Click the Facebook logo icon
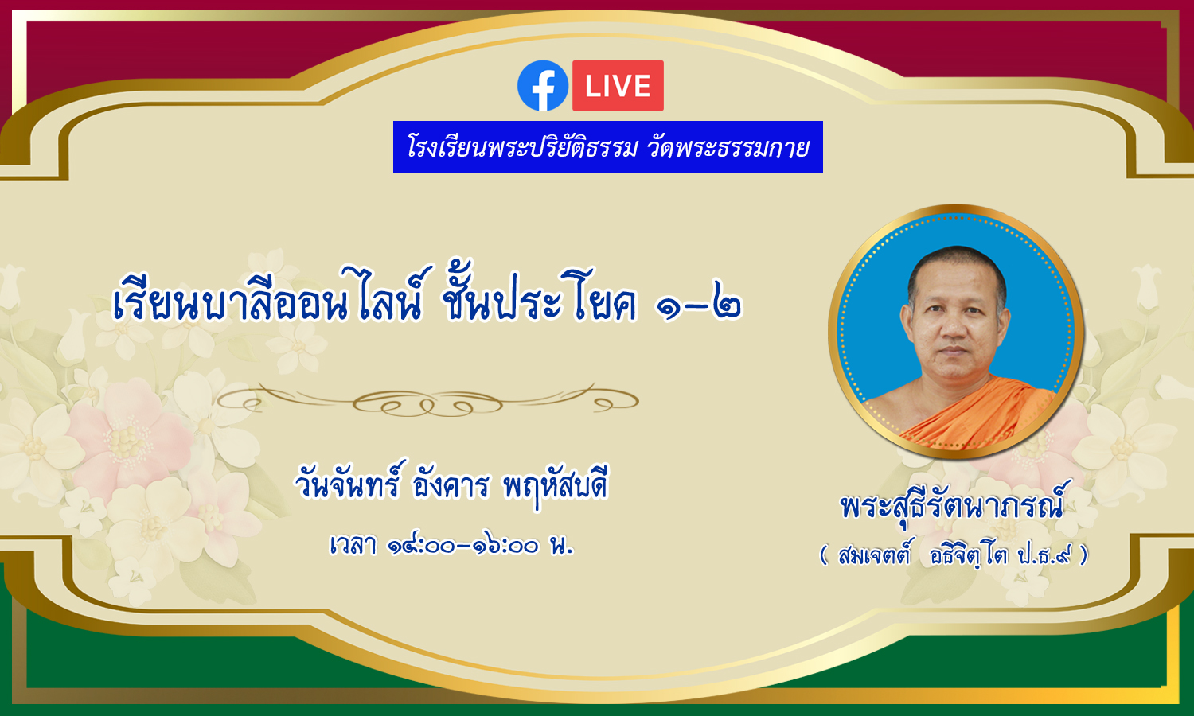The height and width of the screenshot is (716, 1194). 543,85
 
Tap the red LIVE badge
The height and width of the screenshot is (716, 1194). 618,85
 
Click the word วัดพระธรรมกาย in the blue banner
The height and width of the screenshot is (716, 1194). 728,147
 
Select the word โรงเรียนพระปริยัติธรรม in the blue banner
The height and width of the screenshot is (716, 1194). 522,147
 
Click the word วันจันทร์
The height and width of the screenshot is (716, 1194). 348,481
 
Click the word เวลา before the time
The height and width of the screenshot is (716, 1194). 353,545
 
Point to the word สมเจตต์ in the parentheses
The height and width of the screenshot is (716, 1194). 875,555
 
